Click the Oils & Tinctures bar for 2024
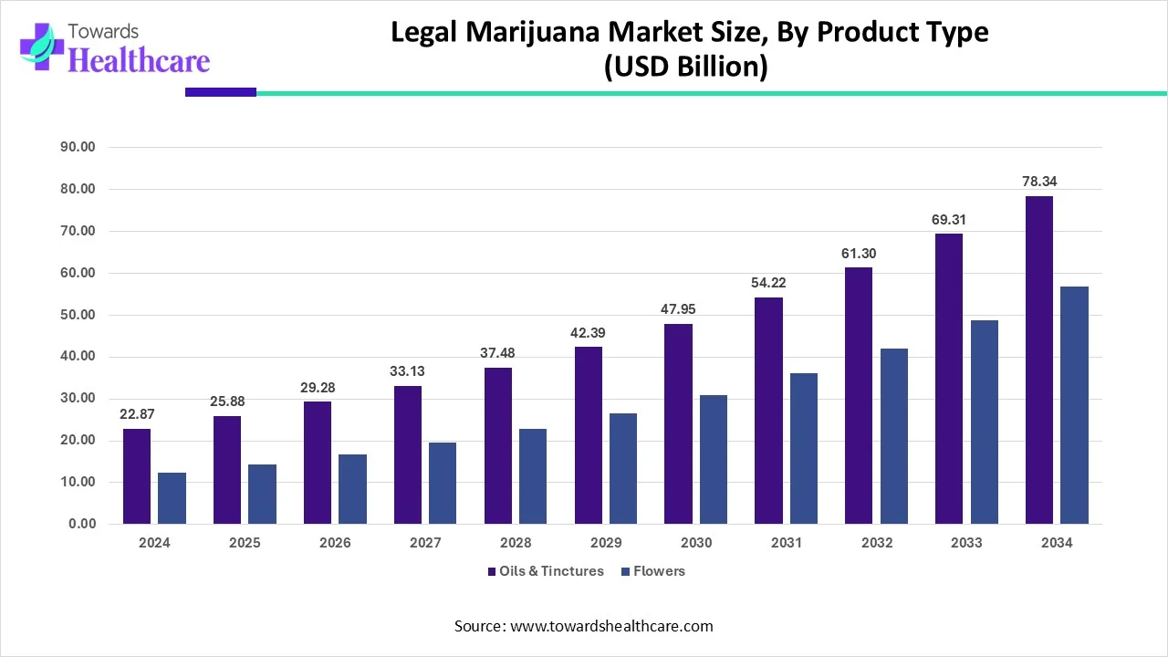[136, 476]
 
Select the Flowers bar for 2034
[1074, 405]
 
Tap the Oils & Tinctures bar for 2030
[678, 424]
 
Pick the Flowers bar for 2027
[443, 484]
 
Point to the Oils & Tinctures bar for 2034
[1038, 360]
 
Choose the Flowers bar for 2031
[804, 449]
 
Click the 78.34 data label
[1038, 182]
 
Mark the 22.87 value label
[136, 415]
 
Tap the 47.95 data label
[678, 310]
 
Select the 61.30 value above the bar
[859, 254]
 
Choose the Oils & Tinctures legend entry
[549, 571]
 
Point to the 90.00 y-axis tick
[76, 148]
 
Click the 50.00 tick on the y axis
[76, 316]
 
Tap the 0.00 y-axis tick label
[79, 525]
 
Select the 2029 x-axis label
[606, 543]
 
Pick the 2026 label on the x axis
[335, 543]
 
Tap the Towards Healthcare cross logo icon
[37, 46]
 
